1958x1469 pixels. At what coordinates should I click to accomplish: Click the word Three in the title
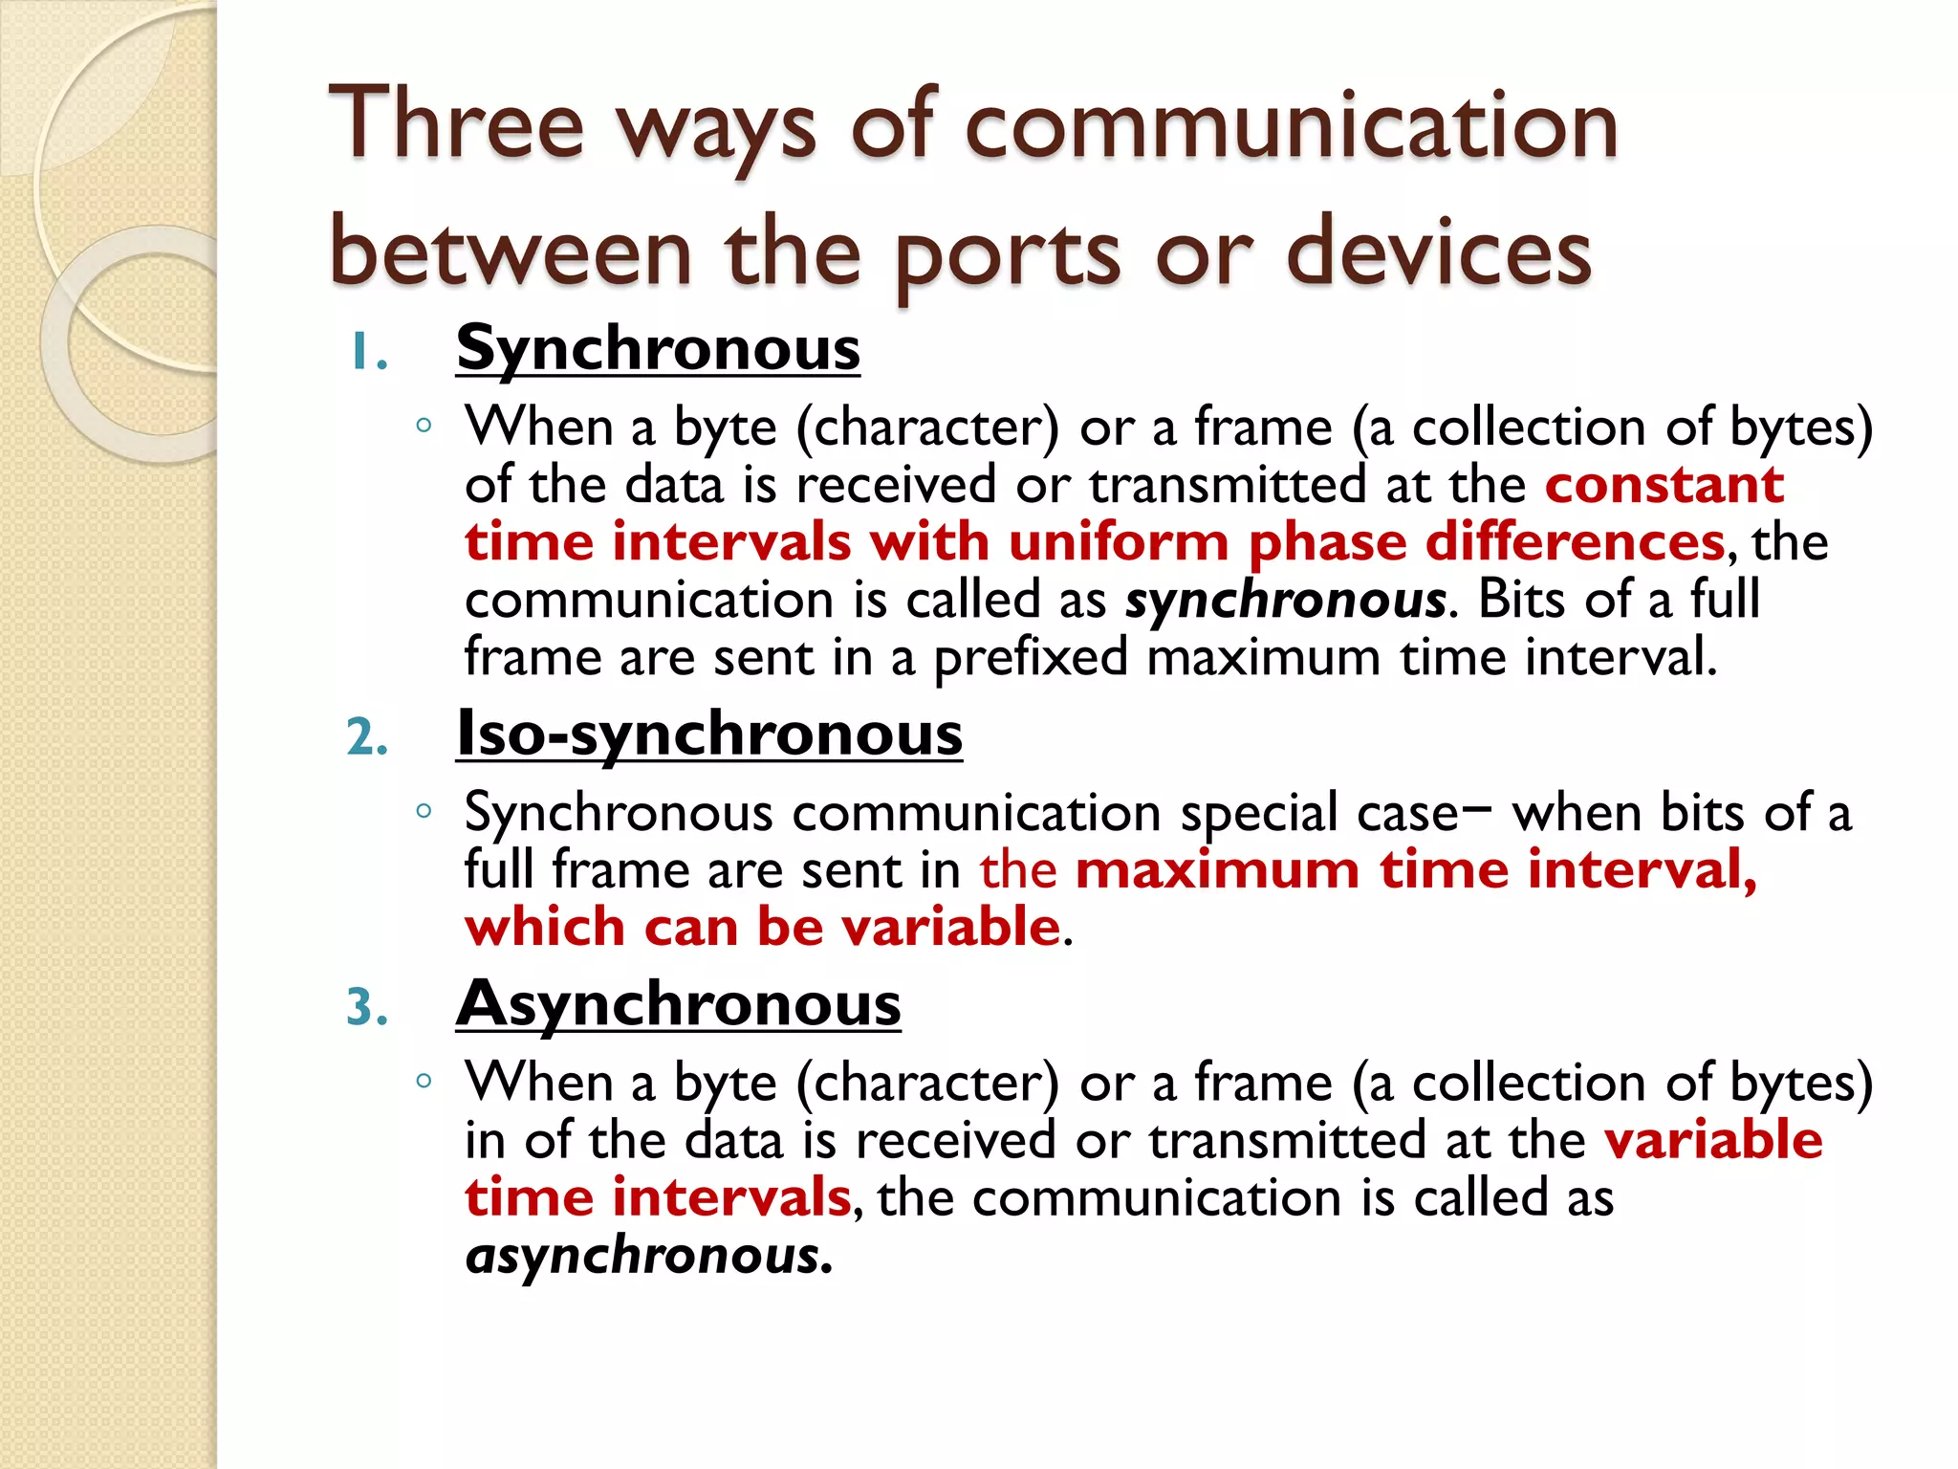tap(455, 124)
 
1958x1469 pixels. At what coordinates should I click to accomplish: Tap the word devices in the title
tap(1438, 252)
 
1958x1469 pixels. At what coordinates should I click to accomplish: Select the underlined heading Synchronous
tap(658, 348)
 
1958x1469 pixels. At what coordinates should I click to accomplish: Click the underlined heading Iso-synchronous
tap(708, 734)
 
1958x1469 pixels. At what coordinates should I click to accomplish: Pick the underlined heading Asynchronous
tap(678, 1004)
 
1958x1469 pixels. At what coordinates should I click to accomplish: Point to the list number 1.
tap(366, 353)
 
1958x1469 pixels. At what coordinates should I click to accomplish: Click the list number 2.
tap(367, 738)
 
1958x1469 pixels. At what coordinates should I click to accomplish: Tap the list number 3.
tap(367, 1008)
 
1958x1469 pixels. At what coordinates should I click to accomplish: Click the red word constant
tap(1664, 485)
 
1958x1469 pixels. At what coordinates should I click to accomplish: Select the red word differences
tap(1575, 542)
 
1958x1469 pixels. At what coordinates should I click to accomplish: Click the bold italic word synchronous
tap(1285, 601)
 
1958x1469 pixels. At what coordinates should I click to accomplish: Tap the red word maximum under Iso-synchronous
tap(1217, 870)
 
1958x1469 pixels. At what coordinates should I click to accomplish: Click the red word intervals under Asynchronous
tap(731, 1197)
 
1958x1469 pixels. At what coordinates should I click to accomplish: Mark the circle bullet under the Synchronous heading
tap(424, 425)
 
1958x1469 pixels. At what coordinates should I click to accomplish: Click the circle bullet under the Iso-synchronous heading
tap(424, 811)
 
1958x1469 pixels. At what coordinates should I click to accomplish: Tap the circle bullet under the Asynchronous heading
tap(424, 1081)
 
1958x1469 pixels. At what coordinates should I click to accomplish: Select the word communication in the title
tap(1291, 124)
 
